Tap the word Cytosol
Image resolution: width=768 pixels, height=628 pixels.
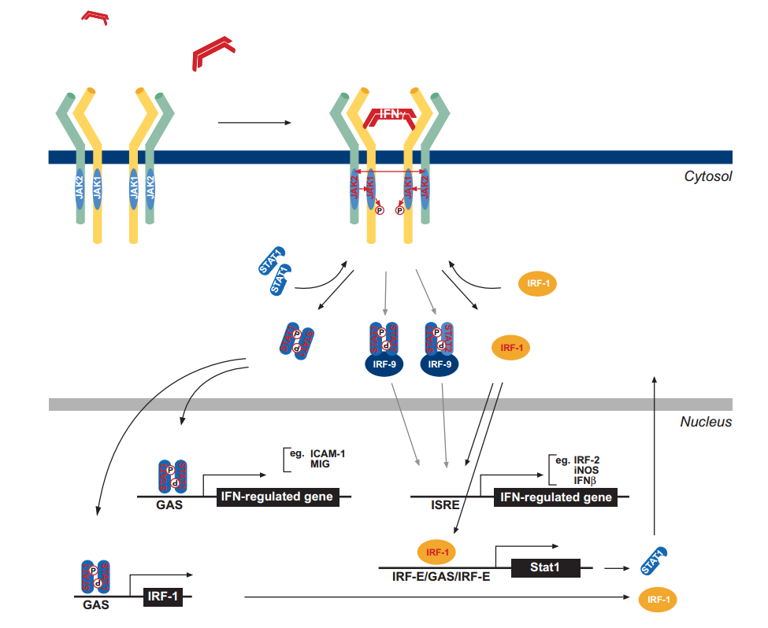click(707, 176)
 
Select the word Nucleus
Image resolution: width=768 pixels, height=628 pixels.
click(706, 423)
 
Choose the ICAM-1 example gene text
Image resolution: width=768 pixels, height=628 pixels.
click(328, 454)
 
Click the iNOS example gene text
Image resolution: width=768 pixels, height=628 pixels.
click(585, 470)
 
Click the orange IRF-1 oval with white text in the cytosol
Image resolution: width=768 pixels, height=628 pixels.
click(536, 284)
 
